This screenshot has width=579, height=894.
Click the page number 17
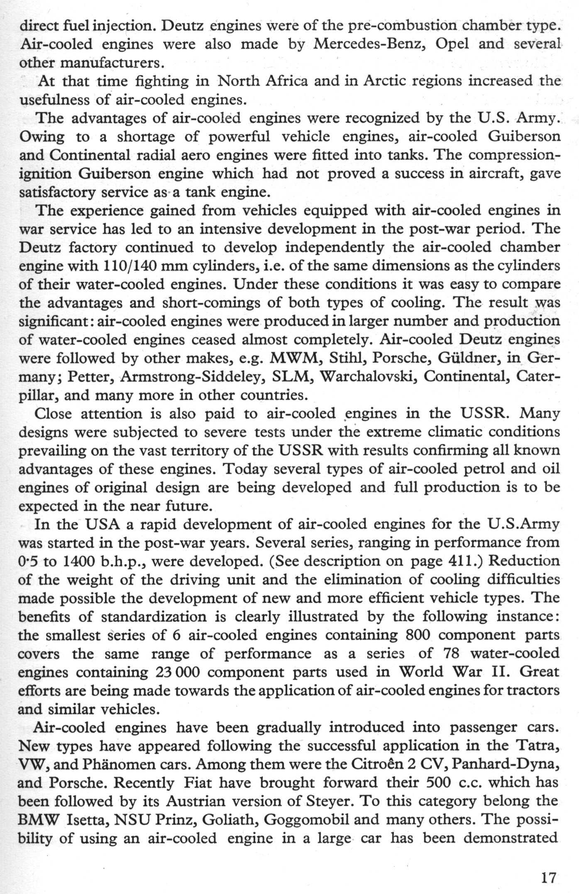[x=548, y=877]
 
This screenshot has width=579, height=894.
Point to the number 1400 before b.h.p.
[x=79, y=561]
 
